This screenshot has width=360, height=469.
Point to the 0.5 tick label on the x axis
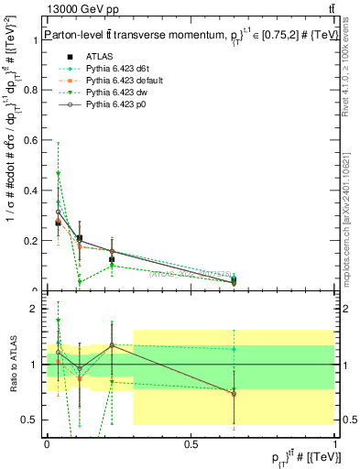[191, 443]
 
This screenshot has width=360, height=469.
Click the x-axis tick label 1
[334, 443]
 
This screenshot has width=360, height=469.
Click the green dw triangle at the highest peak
[59, 173]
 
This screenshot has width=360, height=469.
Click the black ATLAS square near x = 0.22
[112, 260]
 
